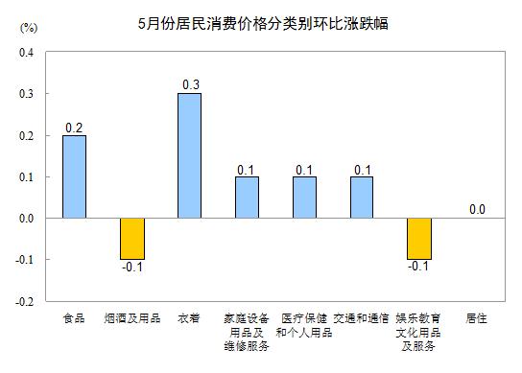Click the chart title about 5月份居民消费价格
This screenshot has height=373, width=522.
click(262, 18)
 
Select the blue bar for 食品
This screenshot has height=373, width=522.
click(75, 176)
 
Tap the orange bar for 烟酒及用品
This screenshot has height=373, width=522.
click(132, 238)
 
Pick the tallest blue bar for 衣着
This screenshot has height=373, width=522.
click(190, 155)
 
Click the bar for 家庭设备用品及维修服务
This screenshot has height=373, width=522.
click(247, 197)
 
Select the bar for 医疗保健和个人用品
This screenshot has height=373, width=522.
click(304, 197)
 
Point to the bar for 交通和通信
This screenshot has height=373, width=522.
click(362, 197)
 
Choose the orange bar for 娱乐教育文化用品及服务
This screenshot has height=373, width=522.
click(419, 238)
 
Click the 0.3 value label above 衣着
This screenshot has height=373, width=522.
click(190, 85)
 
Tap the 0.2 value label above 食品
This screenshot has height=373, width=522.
click(75, 127)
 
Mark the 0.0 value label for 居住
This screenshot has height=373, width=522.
click(477, 209)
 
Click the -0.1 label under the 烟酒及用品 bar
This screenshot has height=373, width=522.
click(132, 268)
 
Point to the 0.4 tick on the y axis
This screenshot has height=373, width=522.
click(26, 53)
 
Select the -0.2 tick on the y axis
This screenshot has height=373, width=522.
click(25, 300)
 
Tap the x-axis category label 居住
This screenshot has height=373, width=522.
click(477, 317)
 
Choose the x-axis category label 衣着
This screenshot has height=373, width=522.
click(190, 317)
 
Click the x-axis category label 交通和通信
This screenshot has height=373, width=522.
click(362, 317)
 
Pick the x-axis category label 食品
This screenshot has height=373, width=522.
click(75, 317)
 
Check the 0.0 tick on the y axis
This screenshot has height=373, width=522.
click(26, 218)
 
